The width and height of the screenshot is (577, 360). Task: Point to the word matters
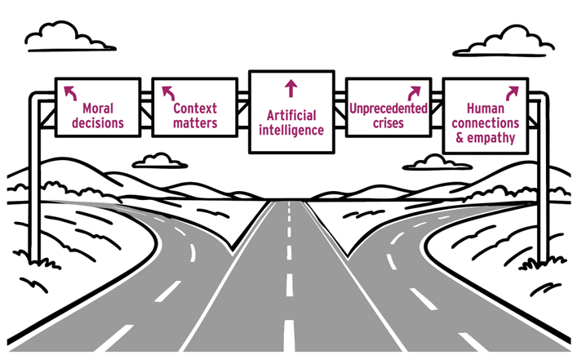(x=195, y=123)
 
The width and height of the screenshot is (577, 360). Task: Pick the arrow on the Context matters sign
(x=168, y=91)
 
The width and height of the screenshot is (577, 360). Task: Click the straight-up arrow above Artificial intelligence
(x=291, y=86)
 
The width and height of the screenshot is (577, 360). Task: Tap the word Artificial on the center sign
(x=291, y=114)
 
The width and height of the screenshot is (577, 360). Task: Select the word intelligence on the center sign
(x=291, y=130)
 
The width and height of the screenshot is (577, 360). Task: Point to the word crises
(x=388, y=123)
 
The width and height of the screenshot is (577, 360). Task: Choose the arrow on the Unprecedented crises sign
(x=415, y=91)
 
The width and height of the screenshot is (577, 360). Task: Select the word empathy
(x=492, y=138)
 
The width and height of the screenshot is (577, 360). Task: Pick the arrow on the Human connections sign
(x=513, y=91)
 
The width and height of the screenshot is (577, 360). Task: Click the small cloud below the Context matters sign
(x=154, y=160)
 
